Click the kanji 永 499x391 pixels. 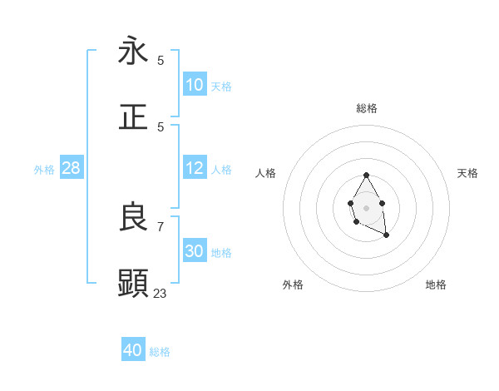tap(133, 51)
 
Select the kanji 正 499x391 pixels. tap(133, 117)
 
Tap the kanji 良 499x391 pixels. tap(133, 217)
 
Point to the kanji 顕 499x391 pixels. tap(133, 284)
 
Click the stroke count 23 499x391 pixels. tap(161, 293)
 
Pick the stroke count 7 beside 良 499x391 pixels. tap(161, 226)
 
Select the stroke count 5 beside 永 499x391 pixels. tap(161, 60)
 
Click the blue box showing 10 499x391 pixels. tap(195, 85)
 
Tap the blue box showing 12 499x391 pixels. tap(195, 168)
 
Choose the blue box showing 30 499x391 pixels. tap(195, 251)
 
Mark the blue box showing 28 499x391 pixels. tap(72, 168)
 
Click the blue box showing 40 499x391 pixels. tap(133, 350)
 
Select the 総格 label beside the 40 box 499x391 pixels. tap(160, 352)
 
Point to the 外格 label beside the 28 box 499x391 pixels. tap(44, 170)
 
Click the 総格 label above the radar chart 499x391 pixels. tap(367, 108)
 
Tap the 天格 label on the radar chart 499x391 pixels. tap(467, 173)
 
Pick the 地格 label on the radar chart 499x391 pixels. tap(436, 285)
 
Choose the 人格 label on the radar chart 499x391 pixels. tap(266, 173)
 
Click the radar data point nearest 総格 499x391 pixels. tap(367, 175)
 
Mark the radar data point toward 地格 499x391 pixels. tap(387, 236)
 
